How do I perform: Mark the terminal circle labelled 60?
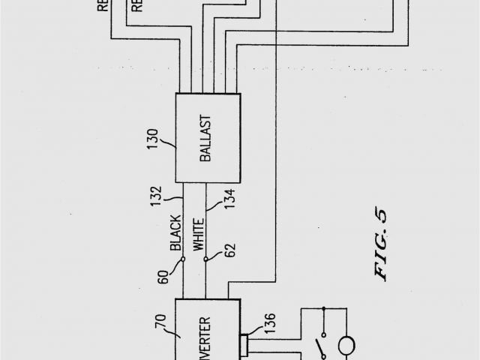183,260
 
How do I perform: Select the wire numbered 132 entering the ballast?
183,202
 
